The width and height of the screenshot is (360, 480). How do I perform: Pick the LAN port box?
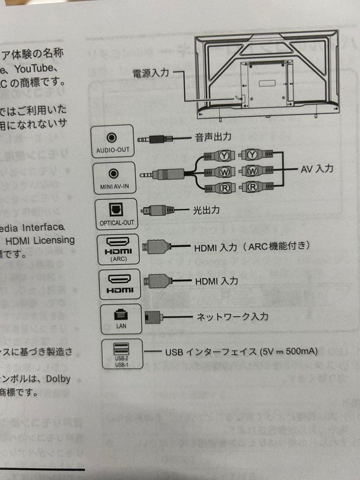121,319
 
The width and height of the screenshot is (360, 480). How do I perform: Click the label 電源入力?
151,73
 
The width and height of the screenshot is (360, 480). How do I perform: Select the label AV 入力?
317,168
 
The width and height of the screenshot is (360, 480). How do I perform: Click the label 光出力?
206,210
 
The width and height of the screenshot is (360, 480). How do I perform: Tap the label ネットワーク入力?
232,316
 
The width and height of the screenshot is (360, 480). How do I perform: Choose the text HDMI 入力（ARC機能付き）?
252,246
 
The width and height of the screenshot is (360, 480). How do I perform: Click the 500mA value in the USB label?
302,351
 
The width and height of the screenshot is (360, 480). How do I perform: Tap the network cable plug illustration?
154,317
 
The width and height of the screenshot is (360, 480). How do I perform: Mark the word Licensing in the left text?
54,240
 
